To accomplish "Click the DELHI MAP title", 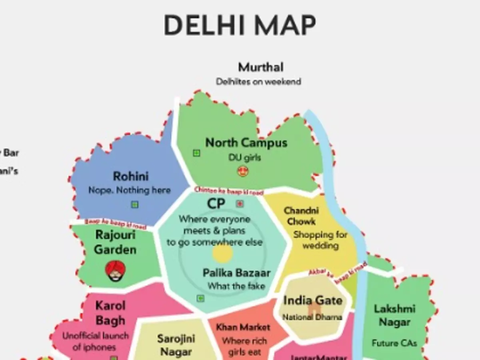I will tap(240, 25).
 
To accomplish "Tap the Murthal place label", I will tap(261, 67).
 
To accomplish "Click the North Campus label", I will tap(246, 143).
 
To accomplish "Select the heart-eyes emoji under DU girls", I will tap(243, 172).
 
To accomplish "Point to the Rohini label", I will tap(131, 176).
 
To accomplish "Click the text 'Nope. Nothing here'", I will tap(129, 190).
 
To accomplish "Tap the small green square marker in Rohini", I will tap(135, 204).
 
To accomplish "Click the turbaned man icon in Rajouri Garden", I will tap(115, 271).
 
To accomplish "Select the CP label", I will tap(216, 204).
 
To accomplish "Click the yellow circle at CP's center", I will tap(222, 253).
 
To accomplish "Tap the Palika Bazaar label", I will tap(236, 273).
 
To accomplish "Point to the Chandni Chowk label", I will tap(301, 216).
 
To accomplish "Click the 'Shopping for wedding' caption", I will tap(320, 240).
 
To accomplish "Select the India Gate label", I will tap(313, 300).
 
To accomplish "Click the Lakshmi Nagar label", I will tap(394, 315).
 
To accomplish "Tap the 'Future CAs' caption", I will tap(394, 343).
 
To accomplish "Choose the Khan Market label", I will tap(243, 327).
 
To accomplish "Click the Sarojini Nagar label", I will tap(176, 345).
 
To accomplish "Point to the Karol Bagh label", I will tap(110, 313).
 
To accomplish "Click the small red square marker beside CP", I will tap(240, 204).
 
